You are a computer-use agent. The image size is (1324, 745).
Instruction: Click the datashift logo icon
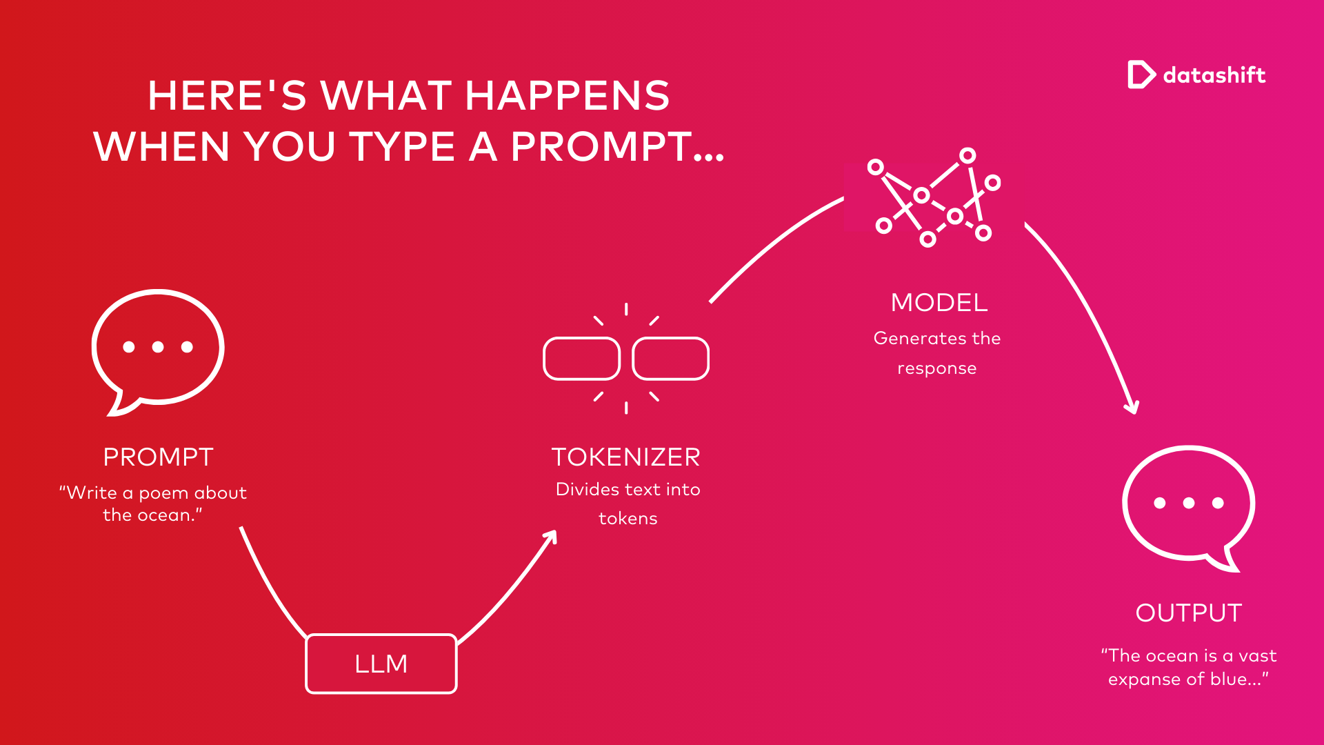[x=1141, y=74]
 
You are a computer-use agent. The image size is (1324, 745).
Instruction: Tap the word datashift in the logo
[x=1214, y=74]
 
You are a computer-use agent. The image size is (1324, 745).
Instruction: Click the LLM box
[x=381, y=664]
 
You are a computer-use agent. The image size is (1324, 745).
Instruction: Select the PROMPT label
[x=158, y=457]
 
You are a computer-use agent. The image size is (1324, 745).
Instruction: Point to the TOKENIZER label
[x=626, y=457]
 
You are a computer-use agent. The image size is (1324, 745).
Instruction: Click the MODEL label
[x=939, y=302]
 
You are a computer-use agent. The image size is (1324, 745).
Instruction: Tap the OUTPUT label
[x=1189, y=613]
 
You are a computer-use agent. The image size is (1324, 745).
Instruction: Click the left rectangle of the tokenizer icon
[x=582, y=339]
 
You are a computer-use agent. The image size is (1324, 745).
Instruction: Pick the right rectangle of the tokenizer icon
[x=671, y=339]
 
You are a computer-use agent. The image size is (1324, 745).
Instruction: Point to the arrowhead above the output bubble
[x=1132, y=407]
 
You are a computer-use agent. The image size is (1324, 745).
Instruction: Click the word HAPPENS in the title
[x=568, y=95]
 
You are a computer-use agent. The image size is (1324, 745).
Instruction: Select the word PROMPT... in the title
[x=617, y=146]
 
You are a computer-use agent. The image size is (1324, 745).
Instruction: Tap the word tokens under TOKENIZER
[x=628, y=518]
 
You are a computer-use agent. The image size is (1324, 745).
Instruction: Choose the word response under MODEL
[x=937, y=368]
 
